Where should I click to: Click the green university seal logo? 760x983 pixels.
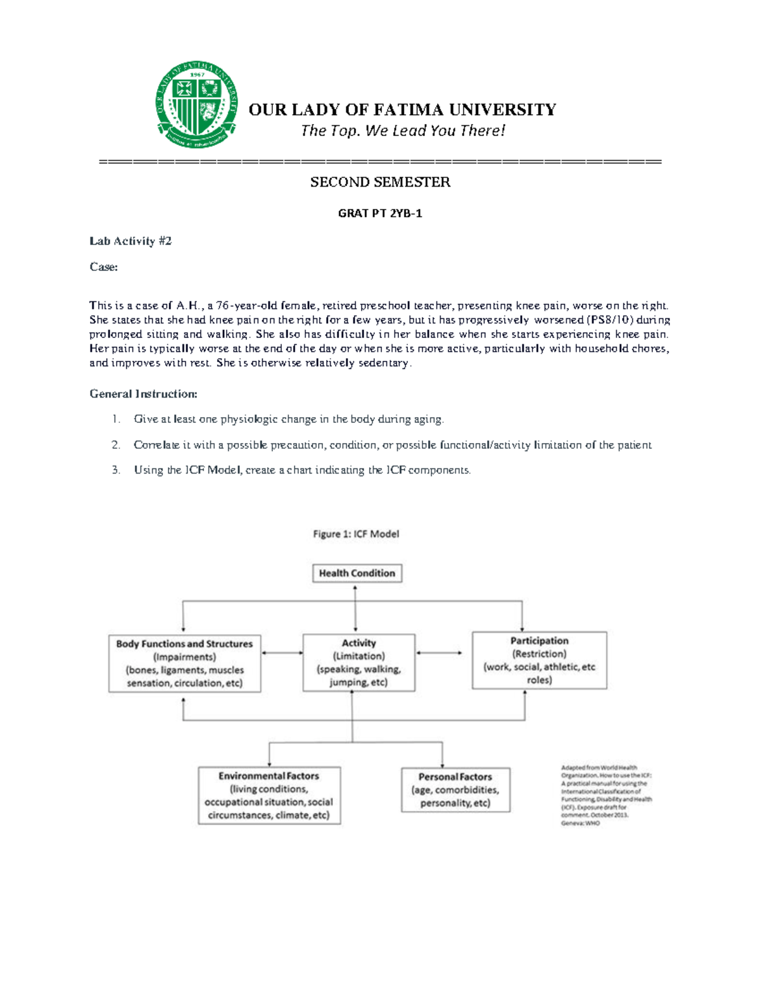coord(197,106)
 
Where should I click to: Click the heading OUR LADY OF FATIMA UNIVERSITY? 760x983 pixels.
coord(402,110)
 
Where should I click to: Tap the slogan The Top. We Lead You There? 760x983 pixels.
coord(403,131)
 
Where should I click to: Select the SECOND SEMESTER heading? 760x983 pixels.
coord(380,182)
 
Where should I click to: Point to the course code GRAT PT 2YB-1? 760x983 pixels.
coord(380,213)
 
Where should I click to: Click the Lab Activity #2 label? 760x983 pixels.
coord(130,241)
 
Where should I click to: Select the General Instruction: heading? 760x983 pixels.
coord(143,394)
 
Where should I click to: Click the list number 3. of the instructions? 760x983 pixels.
coord(116,470)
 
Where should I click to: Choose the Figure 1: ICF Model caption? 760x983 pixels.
coord(356,534)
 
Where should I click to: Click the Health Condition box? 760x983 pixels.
coord(357,573)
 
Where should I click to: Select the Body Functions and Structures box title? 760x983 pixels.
coord(184,644)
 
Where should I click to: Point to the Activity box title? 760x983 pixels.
coord(358,643)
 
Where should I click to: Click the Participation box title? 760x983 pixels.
coord(540,641)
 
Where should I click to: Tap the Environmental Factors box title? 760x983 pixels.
coord(269,776)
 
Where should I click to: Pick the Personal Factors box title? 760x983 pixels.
coord(455,777)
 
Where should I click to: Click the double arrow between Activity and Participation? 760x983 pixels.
coord(439,653)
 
